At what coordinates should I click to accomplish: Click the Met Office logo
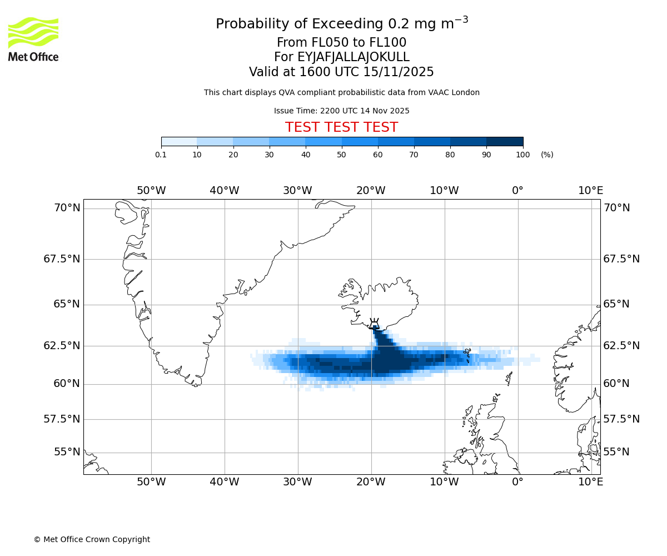pos(33,39)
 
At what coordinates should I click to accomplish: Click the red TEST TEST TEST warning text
pos(341,127)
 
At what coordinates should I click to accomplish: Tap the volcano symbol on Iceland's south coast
pos(374,324)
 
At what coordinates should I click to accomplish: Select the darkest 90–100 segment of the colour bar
pos(505,142)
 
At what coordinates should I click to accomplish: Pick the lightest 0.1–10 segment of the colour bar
pos(179,142)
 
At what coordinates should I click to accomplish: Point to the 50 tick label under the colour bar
pos(342,155)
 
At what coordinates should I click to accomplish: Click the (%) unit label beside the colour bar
pos(547,155)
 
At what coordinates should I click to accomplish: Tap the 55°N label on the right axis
pos(616,452)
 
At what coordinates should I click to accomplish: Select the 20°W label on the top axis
pos(371,191)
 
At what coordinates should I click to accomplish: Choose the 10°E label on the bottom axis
pos(590,481)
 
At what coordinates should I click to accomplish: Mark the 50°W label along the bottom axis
pos(151,481)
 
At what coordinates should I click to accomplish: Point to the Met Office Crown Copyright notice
pos(92,539)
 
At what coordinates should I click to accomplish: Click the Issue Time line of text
pos(341,111)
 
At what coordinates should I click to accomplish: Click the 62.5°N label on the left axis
pos(62,345)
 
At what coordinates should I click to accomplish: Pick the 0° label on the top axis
pos(517,191)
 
